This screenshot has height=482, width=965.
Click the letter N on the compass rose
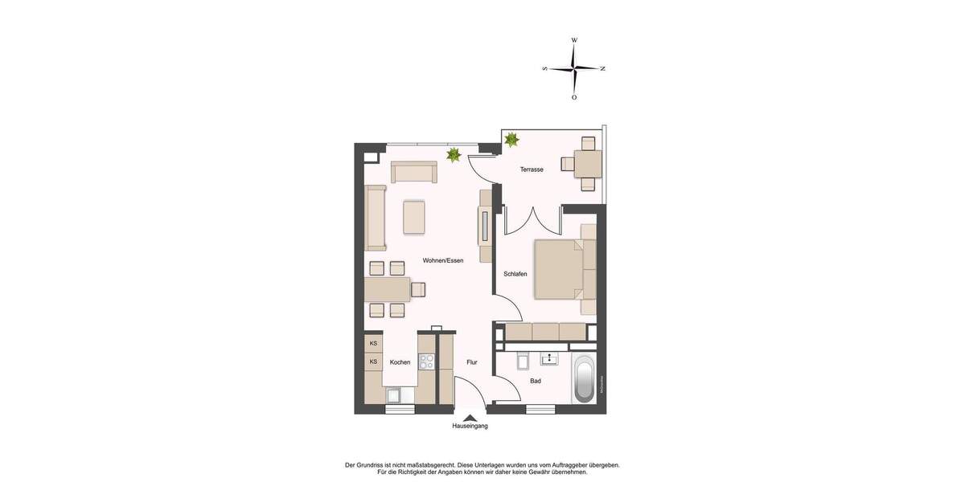click(x=603, y=69)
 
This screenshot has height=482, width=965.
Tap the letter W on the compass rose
click(x=574, y=39)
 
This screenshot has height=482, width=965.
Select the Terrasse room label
click(x=532, y=170)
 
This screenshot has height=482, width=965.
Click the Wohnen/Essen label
click(x=443, y=260)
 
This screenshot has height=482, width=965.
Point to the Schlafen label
click(x=515, y=274)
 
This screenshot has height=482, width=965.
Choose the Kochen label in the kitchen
click(x=400, y=362)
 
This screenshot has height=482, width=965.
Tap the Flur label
click(x=472, y=362)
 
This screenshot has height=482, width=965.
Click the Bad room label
click(x=535, y=381)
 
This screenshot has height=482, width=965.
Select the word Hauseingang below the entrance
click(x=470, y=426)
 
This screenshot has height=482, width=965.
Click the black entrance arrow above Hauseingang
click(x=470, y=416)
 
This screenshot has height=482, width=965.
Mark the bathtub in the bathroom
click(x=585, y=379)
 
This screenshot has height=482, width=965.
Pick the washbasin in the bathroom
click(x=550, y=357)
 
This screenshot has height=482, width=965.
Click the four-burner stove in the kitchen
click(x=426, y=361)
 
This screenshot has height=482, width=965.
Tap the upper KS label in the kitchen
click(x=373, y=344)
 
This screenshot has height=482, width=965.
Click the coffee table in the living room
click(x=414, y=217)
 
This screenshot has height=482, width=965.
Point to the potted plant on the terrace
click(x=511, y=140)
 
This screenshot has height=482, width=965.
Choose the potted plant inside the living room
click(x=454, y=154)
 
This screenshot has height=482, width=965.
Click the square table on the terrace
click(x=588, y=165)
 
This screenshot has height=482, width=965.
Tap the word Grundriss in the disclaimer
click(x=376, y=465)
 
